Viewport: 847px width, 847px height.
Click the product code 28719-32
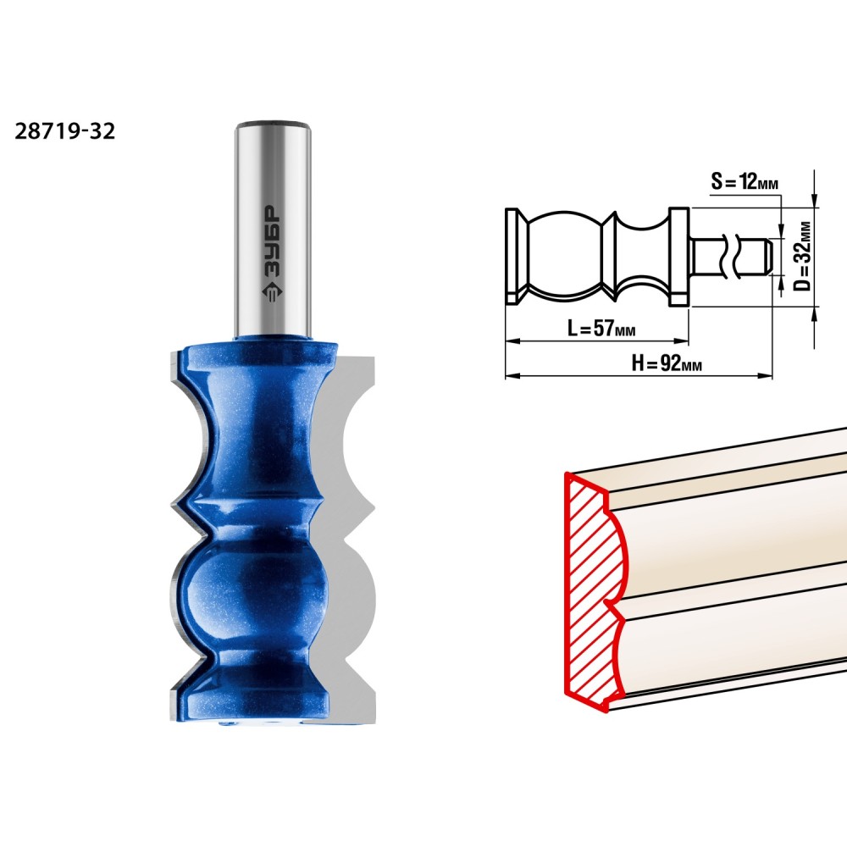(x=65, y=131)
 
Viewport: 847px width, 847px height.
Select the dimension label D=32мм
(x=804, y=256)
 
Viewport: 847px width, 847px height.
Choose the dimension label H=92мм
(x=667, y=363)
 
